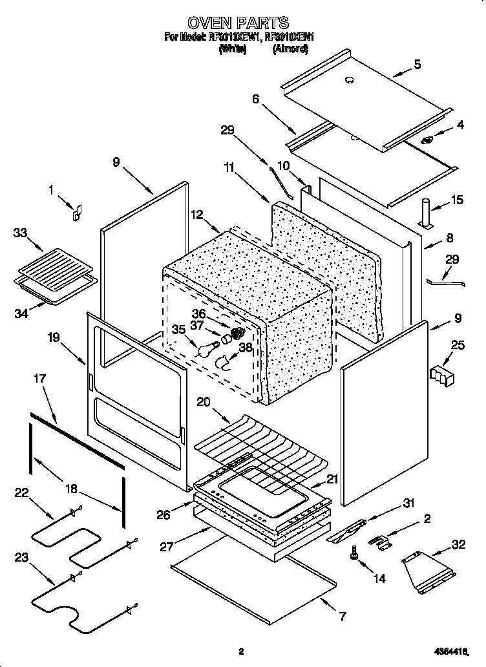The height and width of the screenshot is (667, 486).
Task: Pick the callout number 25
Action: (457, 346)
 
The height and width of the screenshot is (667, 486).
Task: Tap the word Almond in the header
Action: (290, 48)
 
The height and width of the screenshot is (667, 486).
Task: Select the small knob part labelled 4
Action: (428, 140)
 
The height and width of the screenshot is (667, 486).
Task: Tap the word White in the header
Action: (233, 48)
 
